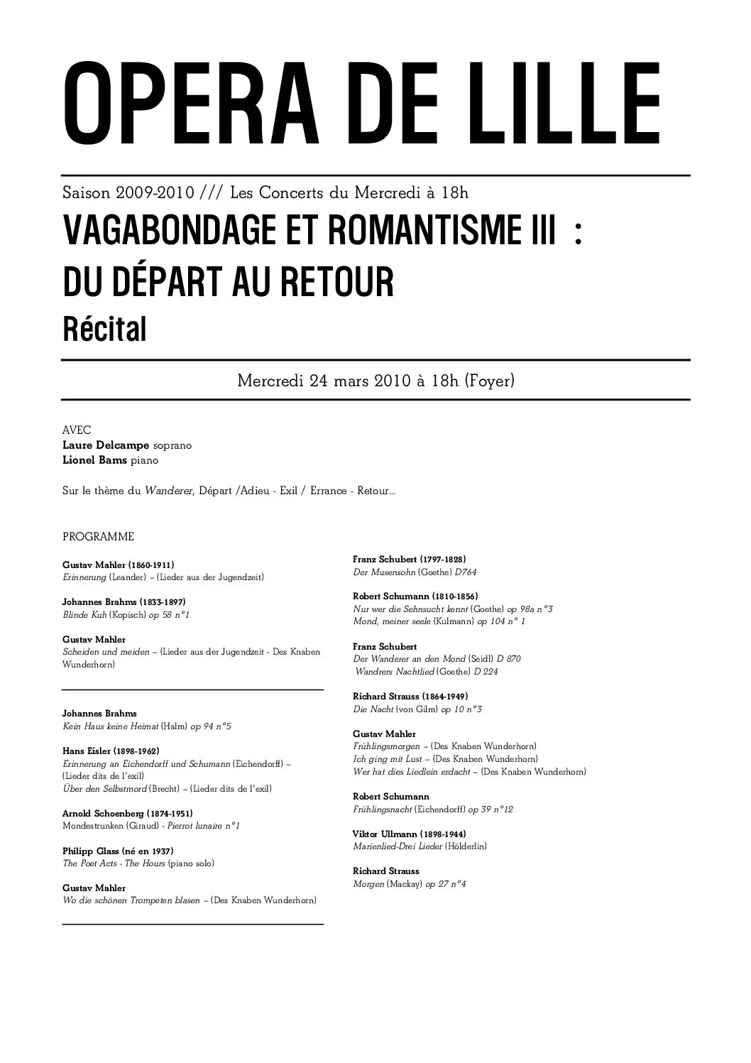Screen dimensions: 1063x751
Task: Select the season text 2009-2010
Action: pos(148,192)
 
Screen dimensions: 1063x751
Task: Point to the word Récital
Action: pos(104,329)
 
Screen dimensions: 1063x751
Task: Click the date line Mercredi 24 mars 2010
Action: pos(324,381)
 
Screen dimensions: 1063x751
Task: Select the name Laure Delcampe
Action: pos(106,445)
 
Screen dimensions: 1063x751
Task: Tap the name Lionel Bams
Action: pos(94,460)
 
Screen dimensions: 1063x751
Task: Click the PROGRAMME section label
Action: pos(98,537)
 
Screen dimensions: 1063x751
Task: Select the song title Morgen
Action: pos(368,884)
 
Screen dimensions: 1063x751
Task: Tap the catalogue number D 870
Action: pos(508,659)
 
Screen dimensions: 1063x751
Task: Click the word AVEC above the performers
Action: pos(77,430)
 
